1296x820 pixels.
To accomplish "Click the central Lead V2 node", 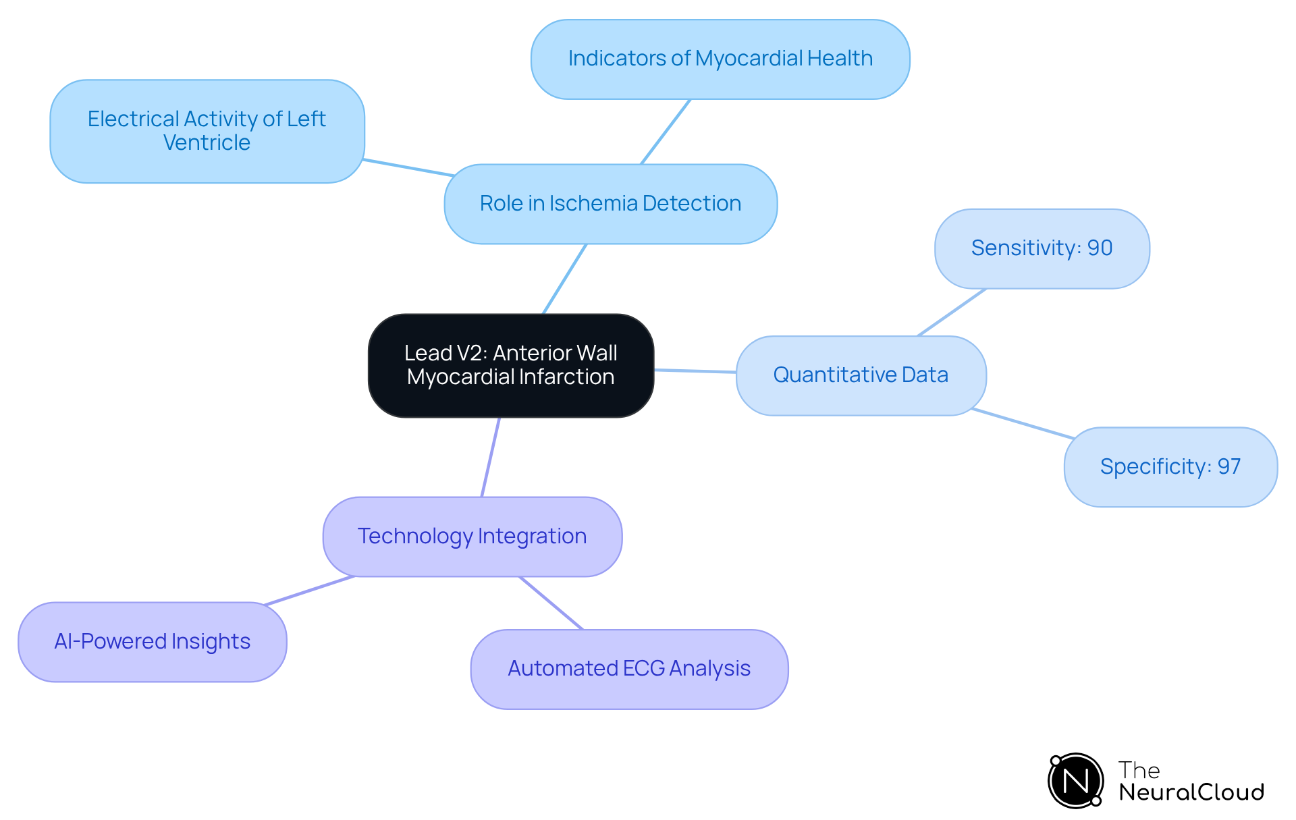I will pyautogui.click(x=511, y=365).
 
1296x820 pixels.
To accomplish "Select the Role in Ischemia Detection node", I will pyautogui.click(x=610, y=204).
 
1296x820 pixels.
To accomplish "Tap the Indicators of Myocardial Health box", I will pyautogui.click(x=720, y=59).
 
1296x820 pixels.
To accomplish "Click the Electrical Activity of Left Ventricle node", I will pyautogui.click(x=207, y=131).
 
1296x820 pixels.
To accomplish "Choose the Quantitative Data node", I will pyautogui.click(x=861, y=375).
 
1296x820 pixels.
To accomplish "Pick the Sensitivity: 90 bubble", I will pyautogui.click(x=1042, y=248).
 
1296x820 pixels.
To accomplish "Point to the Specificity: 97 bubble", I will pyautogui.click(x=1170, y=466).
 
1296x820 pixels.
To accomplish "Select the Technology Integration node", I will pyautogui.click(x=472, y=537).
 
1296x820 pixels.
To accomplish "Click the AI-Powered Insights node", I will pyautogui.click(x=152, y=642).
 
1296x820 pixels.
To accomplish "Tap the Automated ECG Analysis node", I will pyautogui.click(x=629, y=669).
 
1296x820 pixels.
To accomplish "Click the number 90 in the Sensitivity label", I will pyautogui.click(x=1100, y=248).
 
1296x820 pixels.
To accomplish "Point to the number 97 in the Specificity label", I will pyautogui.click(x=1228, y=466).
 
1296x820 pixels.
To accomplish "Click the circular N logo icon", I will pyautogui.click(x=1075, y=781).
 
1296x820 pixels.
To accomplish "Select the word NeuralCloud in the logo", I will pyautogui.click(x=1191, y=792).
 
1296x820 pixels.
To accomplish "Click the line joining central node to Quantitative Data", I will pyautogui.click(x=695, y=371).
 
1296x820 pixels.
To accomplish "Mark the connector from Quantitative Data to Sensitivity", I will pyautogui.click(x=952, y=312).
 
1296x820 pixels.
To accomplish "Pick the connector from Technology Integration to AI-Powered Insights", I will pyautogui.click(x=309, y=591).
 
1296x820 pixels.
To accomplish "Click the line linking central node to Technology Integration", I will pyautogui.click(x=491, y=457).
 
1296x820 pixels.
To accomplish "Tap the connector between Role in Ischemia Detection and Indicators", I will pyautogui.click(x=666, y=132).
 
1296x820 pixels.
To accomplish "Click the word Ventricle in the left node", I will pyautogui.click(x=207, y=143).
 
